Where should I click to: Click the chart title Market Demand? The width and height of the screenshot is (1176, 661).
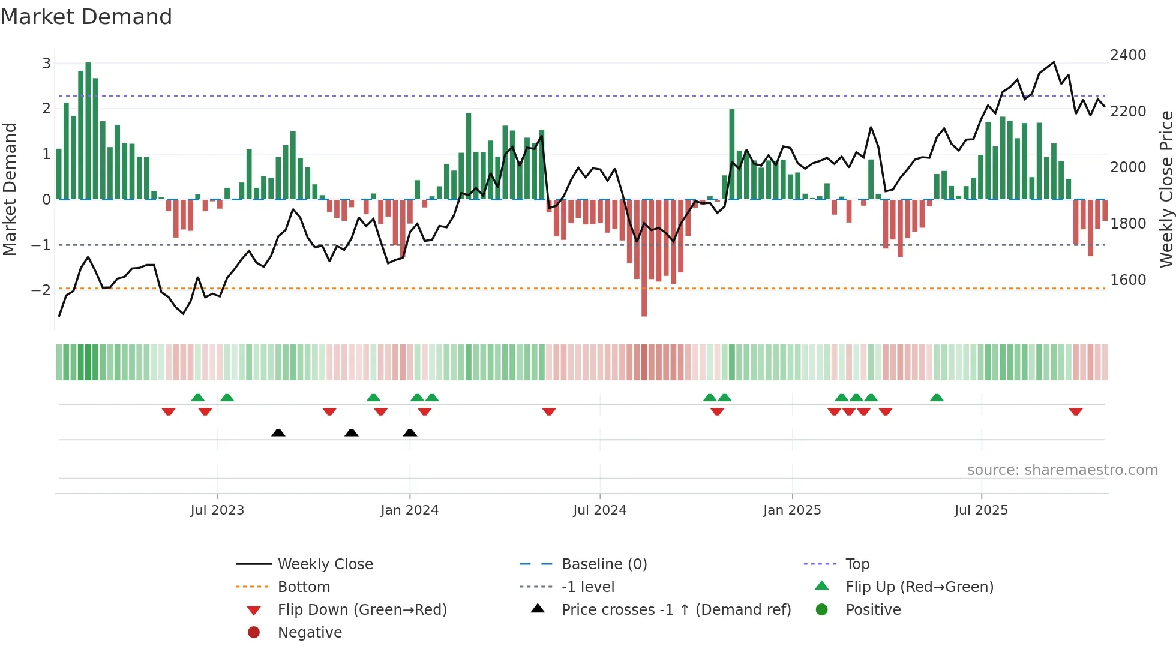(86, 17)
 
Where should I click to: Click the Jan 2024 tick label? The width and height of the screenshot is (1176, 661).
(409, 510)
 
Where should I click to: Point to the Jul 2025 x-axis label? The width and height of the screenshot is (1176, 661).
(981, 510)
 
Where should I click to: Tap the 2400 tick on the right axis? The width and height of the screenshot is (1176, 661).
(1128, 55)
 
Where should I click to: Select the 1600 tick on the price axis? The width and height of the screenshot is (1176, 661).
(1128, 280)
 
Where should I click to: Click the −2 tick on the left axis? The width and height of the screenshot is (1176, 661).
(41, 290)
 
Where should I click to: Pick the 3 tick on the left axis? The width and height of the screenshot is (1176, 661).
(46, 64)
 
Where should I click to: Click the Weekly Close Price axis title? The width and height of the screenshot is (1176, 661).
(1166, 189)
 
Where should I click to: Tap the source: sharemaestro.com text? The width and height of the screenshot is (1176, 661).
(1062, 470)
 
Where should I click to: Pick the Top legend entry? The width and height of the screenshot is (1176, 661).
(857, 564)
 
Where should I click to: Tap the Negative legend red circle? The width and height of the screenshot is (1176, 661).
(254, 633)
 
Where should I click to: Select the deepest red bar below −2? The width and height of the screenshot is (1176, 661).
(644, 258)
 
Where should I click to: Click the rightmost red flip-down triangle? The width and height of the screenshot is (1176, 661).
(1075, 411)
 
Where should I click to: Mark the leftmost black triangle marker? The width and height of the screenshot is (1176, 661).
(278, 432)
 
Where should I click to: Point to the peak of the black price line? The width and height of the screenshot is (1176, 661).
(1054, 62)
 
